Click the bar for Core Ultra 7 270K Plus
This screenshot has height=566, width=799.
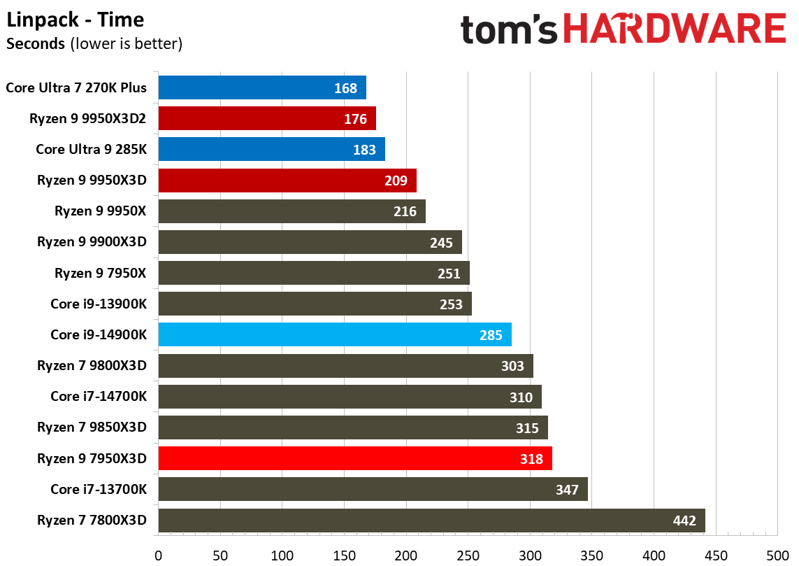(x=262, y=88)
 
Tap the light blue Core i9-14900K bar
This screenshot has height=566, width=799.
(x=335, y=334)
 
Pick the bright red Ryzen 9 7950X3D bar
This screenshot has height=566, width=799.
(x=355, y=458)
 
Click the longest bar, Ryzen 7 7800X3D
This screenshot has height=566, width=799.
(x=431, y=521)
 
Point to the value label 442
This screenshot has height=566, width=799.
(x=684, y=521)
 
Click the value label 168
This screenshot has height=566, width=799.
(x=345, y=88)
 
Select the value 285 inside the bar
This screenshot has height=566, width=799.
(x=491, y=335)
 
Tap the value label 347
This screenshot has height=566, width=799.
(x=567, y=490)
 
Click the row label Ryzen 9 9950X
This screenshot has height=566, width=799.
(x=101, y=211)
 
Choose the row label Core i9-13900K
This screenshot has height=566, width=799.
(x=99, y=304)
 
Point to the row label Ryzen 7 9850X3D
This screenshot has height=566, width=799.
(x=92, y=427)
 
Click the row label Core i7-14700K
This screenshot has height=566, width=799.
(x=99, y=397)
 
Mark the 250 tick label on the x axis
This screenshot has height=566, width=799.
(x=468, y=556)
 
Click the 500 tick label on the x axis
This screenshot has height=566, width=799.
(x=777, y=556)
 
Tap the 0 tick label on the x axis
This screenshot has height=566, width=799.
(x=159, y=556)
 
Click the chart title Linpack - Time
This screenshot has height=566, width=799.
(x=75, y=20)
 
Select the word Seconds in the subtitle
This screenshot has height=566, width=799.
(x=35, y=44)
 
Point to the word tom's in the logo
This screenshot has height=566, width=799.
(x=508, y=29)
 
